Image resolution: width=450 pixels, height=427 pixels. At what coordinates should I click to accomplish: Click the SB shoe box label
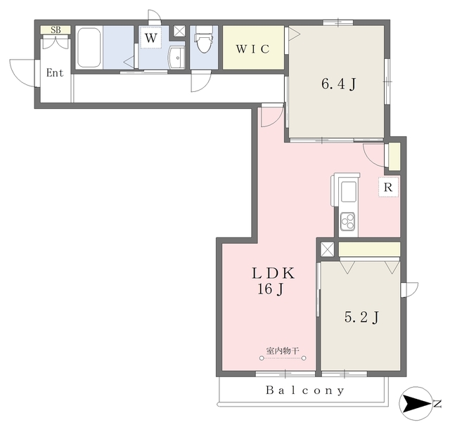(56, 29)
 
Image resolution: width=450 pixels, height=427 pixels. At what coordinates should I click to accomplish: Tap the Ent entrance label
(55, 73)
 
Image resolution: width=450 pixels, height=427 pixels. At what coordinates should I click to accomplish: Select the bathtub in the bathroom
(89, 47)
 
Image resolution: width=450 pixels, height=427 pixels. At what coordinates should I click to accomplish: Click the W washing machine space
(150, 37)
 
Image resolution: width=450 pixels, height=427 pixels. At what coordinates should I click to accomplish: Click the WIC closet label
(253, 49)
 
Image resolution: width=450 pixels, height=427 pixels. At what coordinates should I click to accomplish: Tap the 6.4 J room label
(339, 84)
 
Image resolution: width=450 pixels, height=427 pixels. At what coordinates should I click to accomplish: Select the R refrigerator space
(388, 188)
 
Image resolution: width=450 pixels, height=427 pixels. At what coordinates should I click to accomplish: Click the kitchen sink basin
(348, 192)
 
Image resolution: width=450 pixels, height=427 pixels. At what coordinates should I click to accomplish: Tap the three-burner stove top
(348, 221)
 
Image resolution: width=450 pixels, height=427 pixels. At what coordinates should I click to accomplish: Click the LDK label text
(274, 273)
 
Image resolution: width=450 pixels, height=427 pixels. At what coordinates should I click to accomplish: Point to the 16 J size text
(271, 289)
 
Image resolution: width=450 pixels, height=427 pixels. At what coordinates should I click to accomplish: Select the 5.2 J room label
(361, 317)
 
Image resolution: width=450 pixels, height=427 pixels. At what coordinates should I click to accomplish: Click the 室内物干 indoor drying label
(283, 350)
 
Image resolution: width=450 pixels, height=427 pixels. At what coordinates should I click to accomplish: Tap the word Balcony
(304, 390)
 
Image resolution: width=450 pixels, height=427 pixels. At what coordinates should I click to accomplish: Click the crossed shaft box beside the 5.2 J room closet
(328, 249)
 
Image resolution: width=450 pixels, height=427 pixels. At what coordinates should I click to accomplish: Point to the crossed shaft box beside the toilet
(179, 31)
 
